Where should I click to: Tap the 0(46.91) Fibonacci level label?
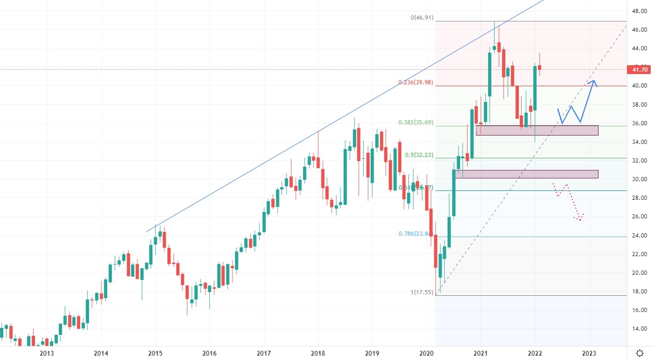coord(422,18)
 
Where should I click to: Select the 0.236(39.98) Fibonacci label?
coord(416,82)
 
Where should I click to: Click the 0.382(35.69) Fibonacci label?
coord(416,122)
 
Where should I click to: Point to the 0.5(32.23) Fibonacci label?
coord(419,155)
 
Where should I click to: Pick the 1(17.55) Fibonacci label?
coord(422,292)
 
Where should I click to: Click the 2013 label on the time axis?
coord(47,353)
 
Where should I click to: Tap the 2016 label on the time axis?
coord(210,353)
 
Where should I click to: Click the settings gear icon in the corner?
coord(640,353)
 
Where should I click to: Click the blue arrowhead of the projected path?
coord(593,82)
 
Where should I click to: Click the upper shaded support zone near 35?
coord(537,130)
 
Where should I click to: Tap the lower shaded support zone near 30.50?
coord(526,174)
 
